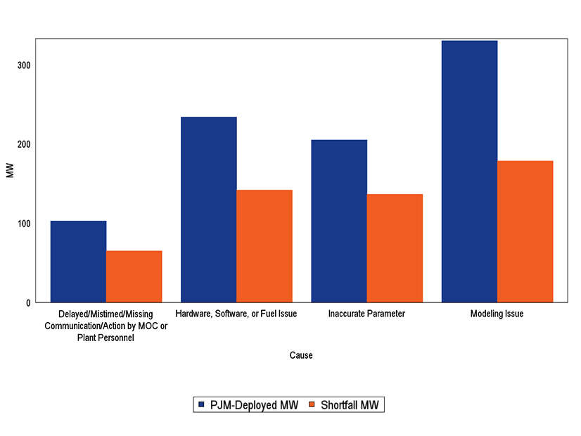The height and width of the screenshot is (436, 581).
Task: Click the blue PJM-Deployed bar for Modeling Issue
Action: (x=469, y=172)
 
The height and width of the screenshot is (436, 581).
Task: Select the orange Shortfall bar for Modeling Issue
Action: (x=525, y=232)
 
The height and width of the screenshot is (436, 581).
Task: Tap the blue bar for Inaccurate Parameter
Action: (x=339, y=222)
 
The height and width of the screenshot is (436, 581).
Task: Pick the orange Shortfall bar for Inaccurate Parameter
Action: (x=395, y=248)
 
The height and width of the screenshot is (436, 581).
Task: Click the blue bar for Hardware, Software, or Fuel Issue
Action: (x=209, y=210)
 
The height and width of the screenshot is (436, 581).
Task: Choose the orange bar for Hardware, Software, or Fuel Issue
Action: (x=264, y=246)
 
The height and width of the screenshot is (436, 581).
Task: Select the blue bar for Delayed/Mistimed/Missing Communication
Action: (x=78, y=262)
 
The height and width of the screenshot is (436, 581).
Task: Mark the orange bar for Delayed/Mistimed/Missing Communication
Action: (x=134, y=276)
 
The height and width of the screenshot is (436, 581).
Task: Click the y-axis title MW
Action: (x=9, y=171)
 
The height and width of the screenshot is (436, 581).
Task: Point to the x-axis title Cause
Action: (x=301, y=356)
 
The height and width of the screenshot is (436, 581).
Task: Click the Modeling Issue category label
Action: (x=497, y=314)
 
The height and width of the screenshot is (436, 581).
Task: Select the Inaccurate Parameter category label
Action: (x=366, y=314)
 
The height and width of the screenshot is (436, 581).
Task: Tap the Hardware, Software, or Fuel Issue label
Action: (x=236, y=314)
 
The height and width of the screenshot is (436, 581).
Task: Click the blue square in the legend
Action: (x=201, y=405)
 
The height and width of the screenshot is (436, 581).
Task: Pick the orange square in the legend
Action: (x=312, y=405)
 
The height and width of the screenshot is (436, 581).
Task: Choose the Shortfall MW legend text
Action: (x=349, y=405)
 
